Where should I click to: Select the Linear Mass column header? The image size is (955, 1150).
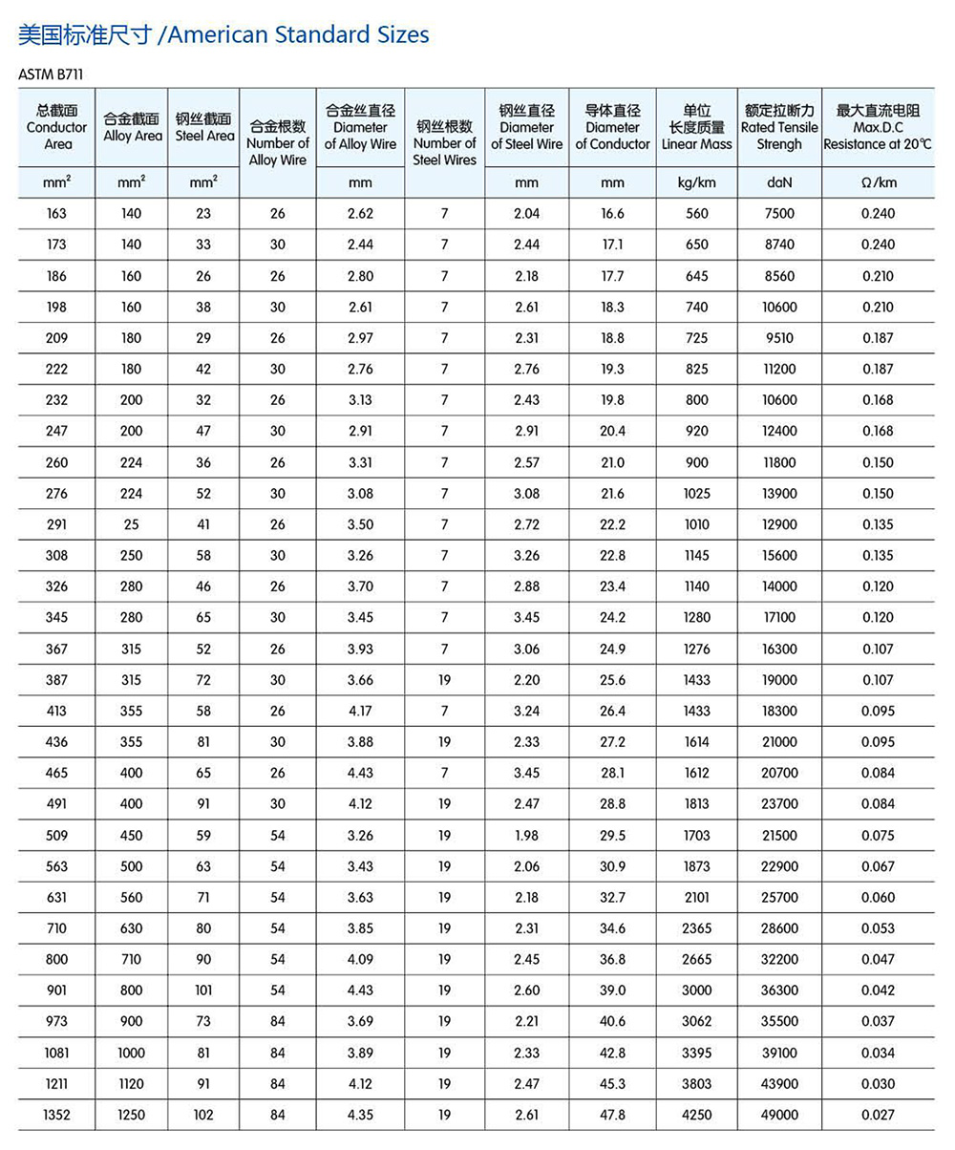pos(697,128)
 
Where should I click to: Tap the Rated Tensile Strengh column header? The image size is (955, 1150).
pos(779,128)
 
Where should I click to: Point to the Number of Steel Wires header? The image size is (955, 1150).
pos(444,143)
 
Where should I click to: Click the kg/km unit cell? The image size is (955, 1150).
pos(697,182)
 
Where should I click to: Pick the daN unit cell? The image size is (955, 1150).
pos(779,182)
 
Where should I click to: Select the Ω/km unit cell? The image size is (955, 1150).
pos(878,182)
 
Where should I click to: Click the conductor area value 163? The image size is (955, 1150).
pos(56,214)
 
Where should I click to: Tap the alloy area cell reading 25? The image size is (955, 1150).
pos(132,524)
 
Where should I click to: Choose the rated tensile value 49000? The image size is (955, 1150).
pos(779,1115)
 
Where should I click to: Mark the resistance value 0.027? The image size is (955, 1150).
pos(878,1115)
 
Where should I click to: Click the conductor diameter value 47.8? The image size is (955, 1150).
pos(613,1115)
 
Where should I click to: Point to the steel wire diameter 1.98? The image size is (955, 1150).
pos(526,836)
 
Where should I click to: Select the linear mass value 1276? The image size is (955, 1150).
pos(697,650)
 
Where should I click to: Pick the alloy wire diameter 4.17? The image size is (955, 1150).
pos(360,712)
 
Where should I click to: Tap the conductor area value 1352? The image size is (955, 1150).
pos(56,1115)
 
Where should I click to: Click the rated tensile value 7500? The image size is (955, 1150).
pos(779,214)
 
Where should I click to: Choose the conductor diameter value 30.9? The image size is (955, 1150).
pos(613,866)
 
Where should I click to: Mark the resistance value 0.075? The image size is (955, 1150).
pos(878,836)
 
